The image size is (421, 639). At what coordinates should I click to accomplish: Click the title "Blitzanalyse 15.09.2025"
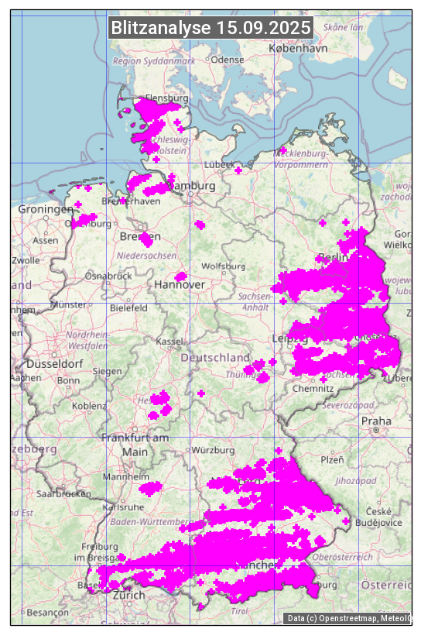tap(210, 28)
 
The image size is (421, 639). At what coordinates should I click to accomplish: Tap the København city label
tap(298, 48)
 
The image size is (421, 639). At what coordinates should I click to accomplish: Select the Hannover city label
tap(180, 285)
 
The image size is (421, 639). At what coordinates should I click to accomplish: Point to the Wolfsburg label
tap(223, 266)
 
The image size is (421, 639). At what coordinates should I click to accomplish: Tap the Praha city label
tap(376, 421)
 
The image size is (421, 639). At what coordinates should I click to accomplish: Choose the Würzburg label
tap(214, 450)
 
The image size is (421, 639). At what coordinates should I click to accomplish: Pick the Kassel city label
tap(169, 342)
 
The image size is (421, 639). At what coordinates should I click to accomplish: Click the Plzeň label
tap(332, 459)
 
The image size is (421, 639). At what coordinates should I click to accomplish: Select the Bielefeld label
tap(128, 307)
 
